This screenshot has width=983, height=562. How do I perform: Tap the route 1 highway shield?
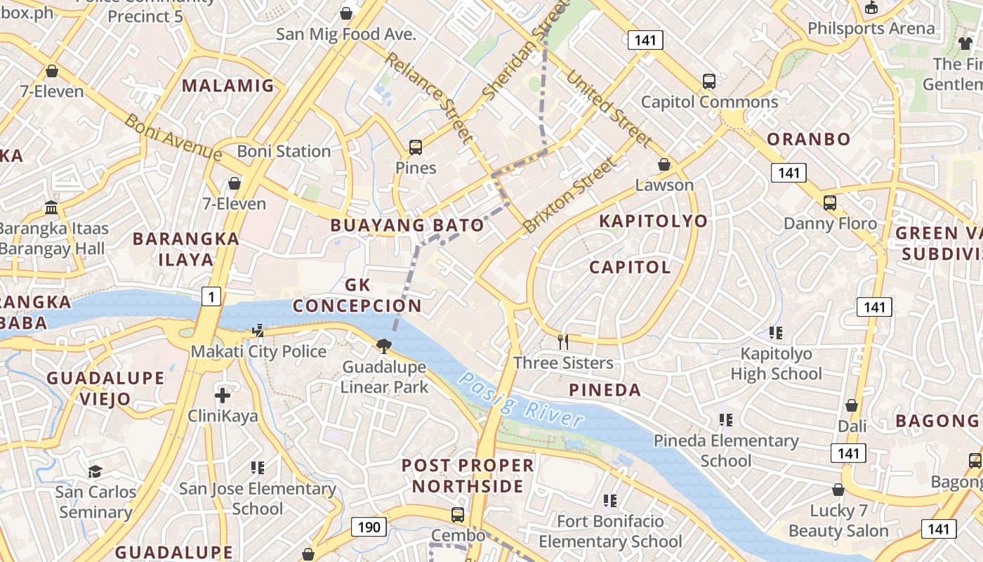211,296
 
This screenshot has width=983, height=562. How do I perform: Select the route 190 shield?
369,527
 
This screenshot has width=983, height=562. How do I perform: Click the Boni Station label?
284,151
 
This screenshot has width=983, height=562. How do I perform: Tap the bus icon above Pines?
416,148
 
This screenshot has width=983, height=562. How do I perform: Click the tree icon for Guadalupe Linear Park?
383,346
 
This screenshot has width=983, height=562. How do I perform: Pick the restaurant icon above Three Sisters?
562,342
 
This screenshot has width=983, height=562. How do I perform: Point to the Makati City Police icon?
258,330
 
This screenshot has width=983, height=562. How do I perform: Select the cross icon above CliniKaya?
223,396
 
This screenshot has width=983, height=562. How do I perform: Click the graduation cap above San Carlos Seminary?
95,471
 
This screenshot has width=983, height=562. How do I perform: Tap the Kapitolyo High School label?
776,363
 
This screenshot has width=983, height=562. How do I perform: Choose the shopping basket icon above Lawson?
664,164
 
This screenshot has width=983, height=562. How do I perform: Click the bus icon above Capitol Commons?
709,81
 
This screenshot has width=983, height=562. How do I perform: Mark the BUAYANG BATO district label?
407,226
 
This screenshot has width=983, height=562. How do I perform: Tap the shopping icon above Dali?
852,405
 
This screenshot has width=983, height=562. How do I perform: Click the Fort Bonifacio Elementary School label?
610,531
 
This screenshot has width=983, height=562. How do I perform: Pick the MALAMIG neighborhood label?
227,86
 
